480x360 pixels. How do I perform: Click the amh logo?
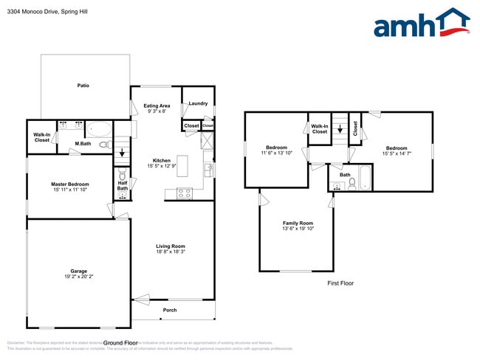[x=422, y=24]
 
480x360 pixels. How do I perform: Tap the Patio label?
[x=83, y=86]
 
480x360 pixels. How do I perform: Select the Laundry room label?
[x=198, y=103]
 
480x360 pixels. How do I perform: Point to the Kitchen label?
[x=162, y=160]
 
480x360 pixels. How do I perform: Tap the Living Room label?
[x=170, y=246]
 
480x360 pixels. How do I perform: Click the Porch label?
[x=170, y=309]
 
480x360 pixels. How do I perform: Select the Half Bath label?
[x=123, y=186]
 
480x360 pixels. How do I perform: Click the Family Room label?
[x=298, y=223]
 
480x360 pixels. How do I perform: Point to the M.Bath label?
[x=83, y=143]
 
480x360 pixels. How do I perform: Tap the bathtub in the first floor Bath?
[x=363, y=179]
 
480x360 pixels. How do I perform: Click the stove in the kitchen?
[x=183, y=194]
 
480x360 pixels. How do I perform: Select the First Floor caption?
[x=340, y=283]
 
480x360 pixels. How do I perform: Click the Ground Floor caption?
[x=120, y=343]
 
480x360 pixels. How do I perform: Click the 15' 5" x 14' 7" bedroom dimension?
[x=396, y=153]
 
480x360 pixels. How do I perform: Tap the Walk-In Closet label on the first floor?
[x=319, y=128]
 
